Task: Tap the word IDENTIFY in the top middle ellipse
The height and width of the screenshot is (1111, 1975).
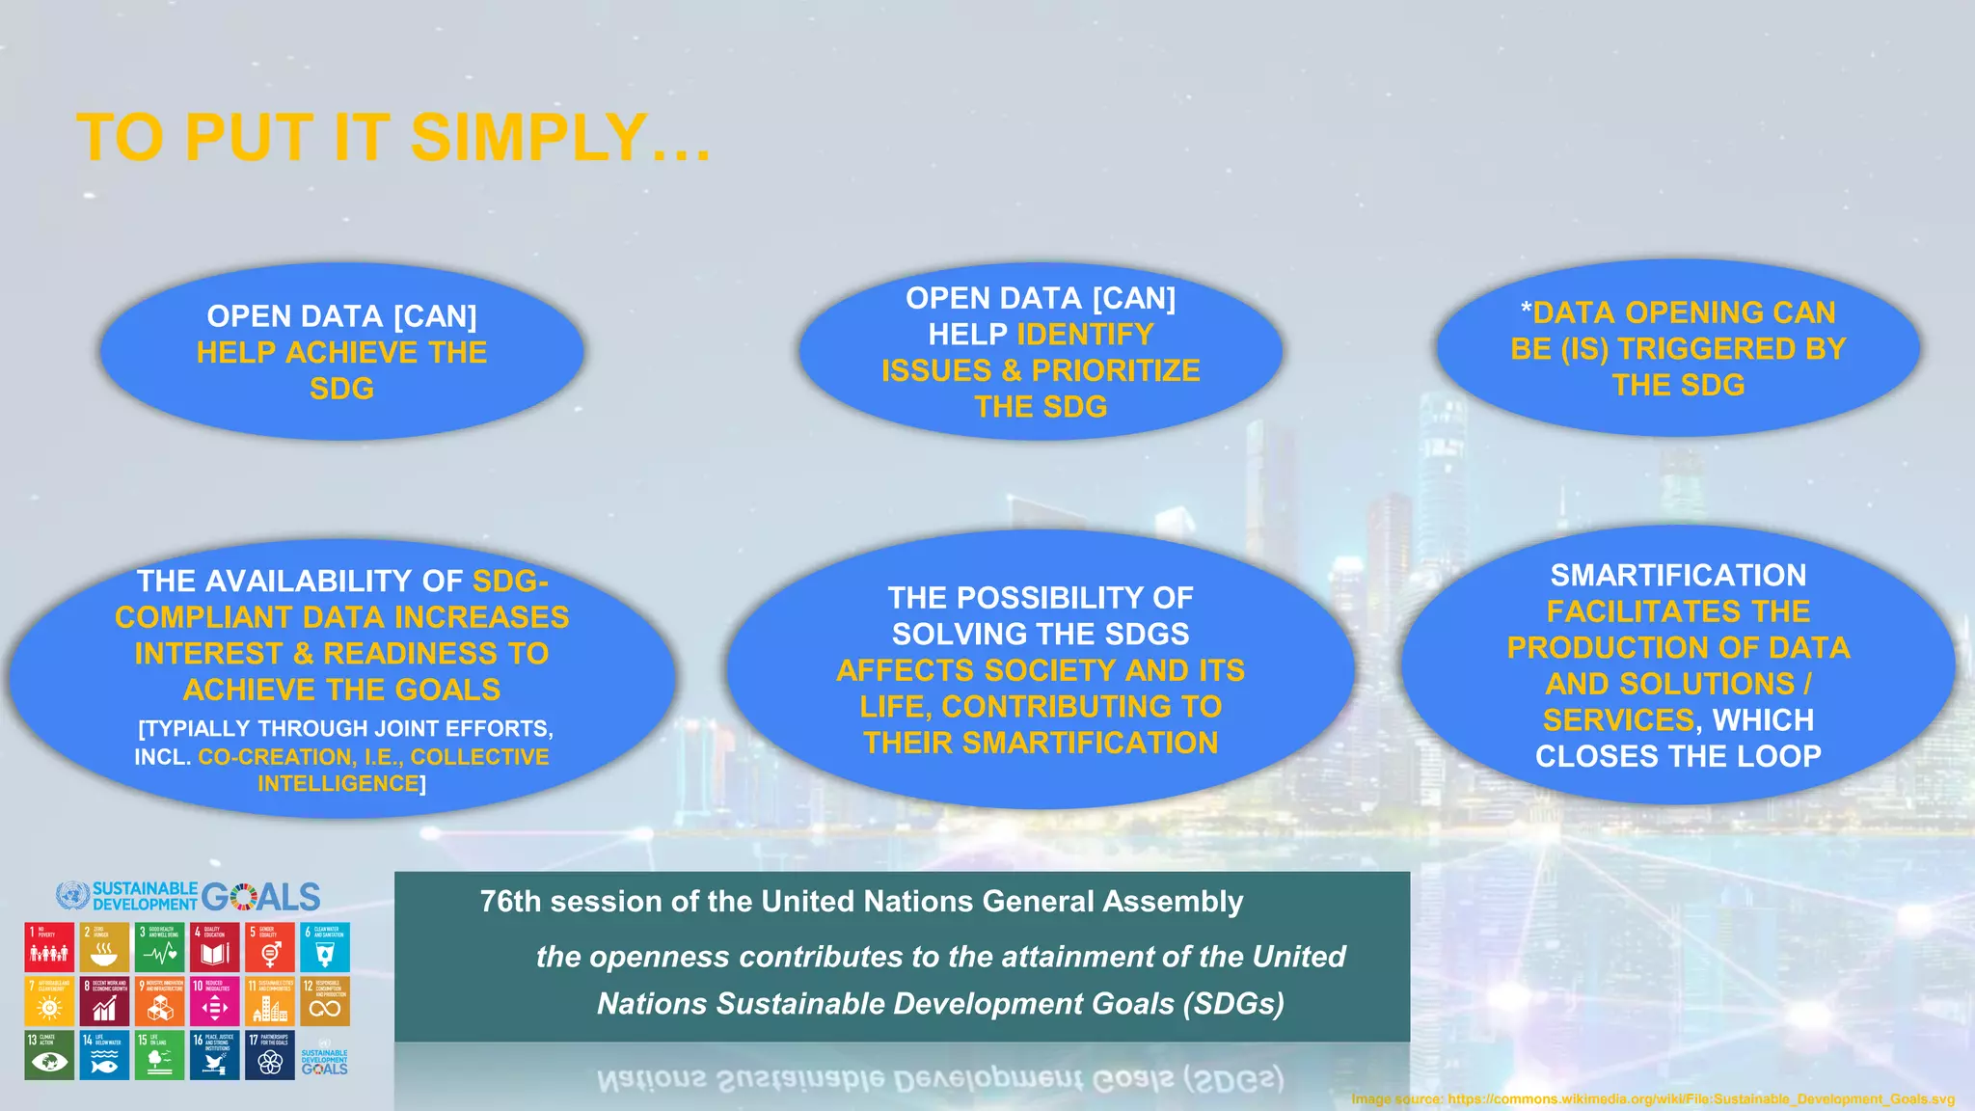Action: [1085, 335]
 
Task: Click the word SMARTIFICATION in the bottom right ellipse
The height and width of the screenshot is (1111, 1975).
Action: [1678, 576]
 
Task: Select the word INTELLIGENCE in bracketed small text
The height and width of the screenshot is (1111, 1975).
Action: [338, 784]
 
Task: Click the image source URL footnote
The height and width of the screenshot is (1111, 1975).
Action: [1652, 1099]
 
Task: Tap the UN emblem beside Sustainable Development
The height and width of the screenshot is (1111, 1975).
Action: [72, 896]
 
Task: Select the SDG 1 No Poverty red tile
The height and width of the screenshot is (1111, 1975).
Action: [49, 947]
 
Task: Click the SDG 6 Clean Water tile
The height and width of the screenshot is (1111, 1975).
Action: [325, 947]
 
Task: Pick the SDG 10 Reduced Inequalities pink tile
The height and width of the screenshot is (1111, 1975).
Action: [214, 1001]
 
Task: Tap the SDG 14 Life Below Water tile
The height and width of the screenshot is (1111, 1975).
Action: [104, 1055]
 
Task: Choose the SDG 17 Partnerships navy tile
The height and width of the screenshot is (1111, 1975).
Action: [270, 1055]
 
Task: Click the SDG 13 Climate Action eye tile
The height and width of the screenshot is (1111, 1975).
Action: [49, 1055]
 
